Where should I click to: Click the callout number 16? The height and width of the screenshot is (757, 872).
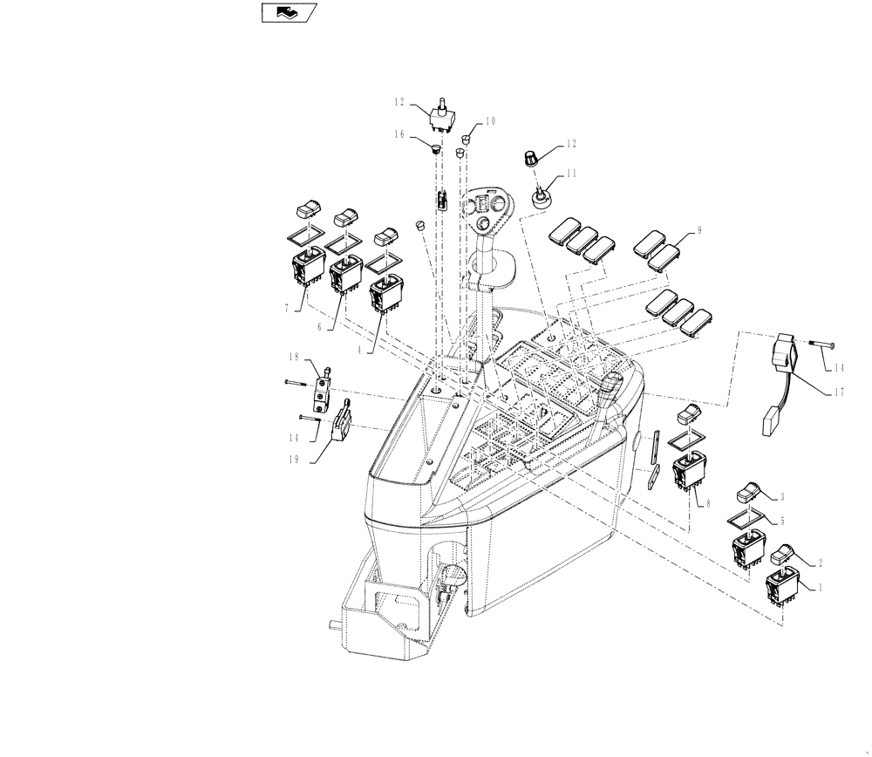coord(399,134)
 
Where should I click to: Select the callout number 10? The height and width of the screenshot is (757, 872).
coord(489,121)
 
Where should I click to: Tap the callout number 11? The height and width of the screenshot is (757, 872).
coord(571,174)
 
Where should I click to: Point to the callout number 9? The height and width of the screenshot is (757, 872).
coord(698,231)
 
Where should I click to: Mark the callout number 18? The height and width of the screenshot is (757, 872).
coord(294,358)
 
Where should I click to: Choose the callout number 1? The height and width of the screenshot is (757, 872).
coord(819,587)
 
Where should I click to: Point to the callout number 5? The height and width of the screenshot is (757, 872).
coord(782,522)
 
